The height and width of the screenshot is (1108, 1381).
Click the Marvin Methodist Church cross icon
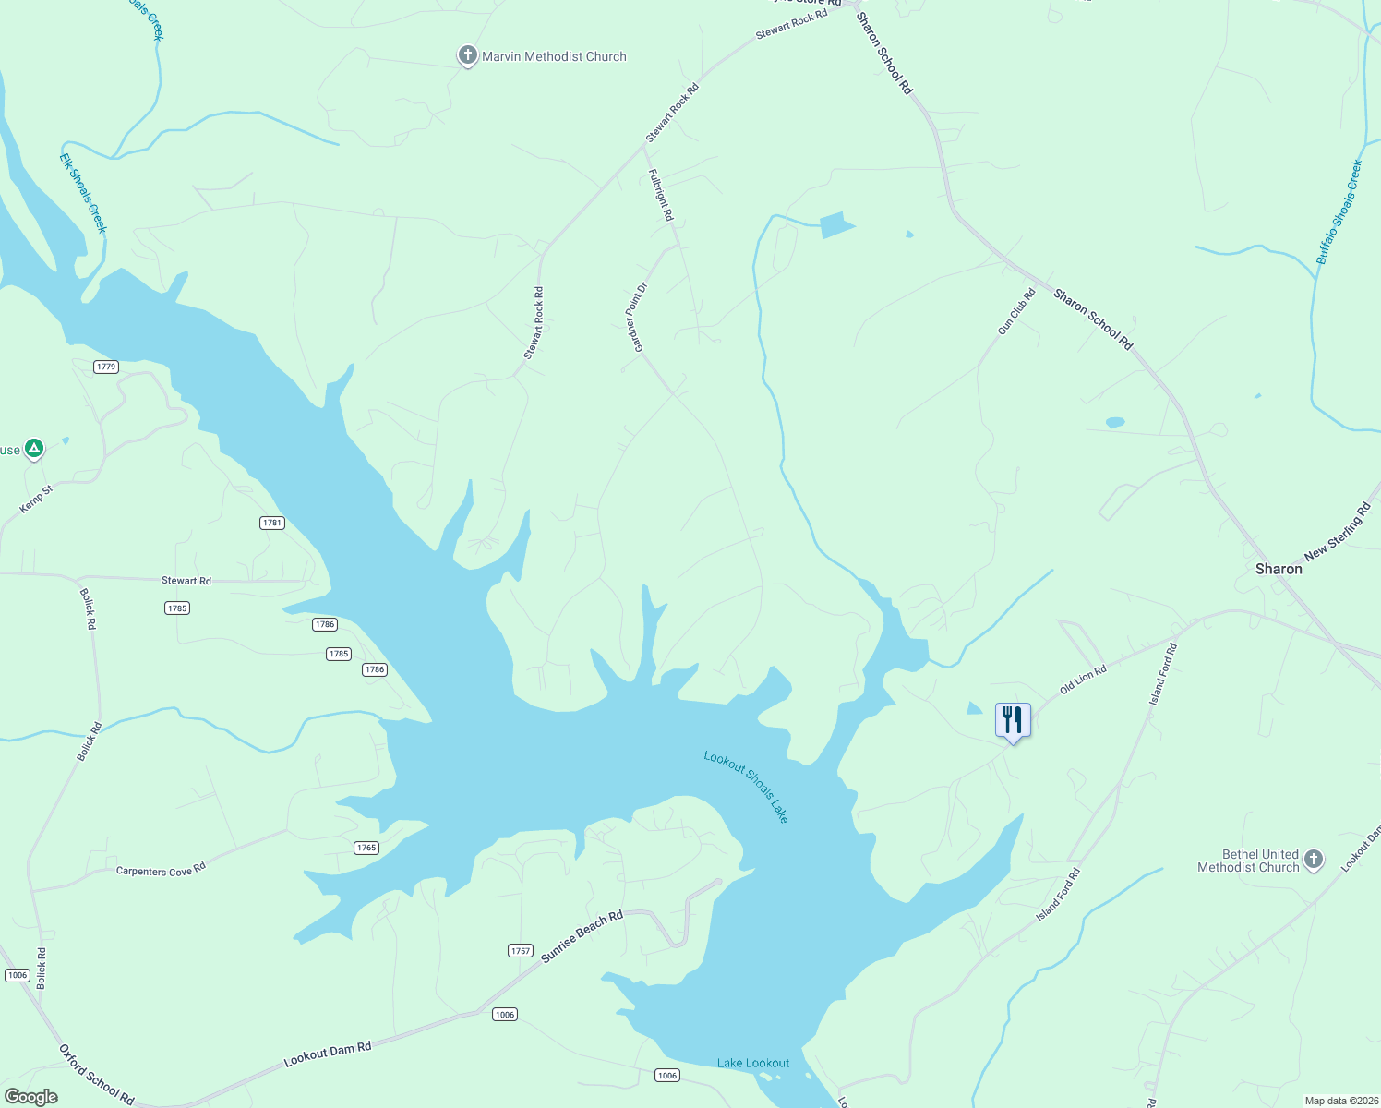pos(468,56)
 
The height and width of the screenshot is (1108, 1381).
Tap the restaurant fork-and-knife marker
pos(1013,719)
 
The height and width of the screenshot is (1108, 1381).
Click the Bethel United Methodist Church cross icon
pos(1313,861)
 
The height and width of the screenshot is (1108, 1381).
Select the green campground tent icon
pos(34,449)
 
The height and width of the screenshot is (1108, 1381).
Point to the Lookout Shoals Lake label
pos(747,787)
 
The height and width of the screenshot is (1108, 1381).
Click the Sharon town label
pos(1279,569)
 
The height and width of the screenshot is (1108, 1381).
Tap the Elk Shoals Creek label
pos(84,193)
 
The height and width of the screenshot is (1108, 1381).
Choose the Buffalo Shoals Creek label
pos(1339,212)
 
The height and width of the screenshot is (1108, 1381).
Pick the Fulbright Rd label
pos(661,195)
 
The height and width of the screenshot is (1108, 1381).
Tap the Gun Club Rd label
pos(1016,312)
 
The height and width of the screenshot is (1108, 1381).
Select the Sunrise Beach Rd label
pos(582,936)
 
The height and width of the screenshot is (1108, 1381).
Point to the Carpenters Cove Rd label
pos(161,871)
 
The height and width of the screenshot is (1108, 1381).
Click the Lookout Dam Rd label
pos(328,1054)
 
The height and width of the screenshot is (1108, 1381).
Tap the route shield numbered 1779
pos(106,367)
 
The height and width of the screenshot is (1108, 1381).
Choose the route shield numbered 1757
pos(521,950)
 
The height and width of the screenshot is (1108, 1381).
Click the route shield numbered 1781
pos(271,523)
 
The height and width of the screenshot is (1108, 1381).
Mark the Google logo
pos(30,1097)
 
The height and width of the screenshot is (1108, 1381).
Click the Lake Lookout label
pos(753,1063)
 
